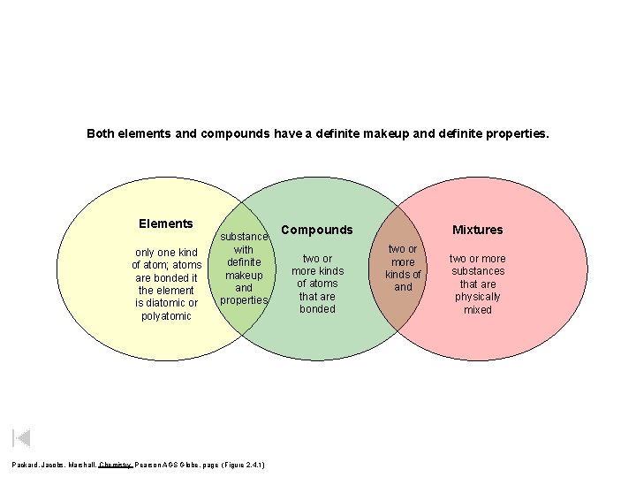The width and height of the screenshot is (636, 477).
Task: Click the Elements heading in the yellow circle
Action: pos(166,223)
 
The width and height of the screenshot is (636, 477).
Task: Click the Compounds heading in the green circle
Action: pos(317,230)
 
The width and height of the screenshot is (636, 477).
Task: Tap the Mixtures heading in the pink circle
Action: pos(477,230)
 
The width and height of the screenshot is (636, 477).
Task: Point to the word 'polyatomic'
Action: pos(166,315)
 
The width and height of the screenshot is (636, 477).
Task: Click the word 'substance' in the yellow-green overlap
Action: pos(244,237)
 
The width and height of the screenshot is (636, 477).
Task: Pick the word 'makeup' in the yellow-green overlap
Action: pos(244,275)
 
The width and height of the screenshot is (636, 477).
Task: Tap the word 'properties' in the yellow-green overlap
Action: pos(244,299)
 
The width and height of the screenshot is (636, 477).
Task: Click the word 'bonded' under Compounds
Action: pos(317,309)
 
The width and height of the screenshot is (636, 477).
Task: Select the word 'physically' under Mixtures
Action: pos(477,297)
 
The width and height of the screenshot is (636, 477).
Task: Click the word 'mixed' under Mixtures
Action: pos(477,310)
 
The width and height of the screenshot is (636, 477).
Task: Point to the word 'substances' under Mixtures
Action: pos(477,271)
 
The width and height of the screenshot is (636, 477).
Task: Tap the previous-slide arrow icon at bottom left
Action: pos(22,437)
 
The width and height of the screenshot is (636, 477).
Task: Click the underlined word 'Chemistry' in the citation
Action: pos(115,465)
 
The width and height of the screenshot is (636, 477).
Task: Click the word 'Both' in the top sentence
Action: pos(101,134)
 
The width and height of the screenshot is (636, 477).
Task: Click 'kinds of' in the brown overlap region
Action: pos(403,275)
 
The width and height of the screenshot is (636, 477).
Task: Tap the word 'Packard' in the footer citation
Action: pos(26,465)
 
